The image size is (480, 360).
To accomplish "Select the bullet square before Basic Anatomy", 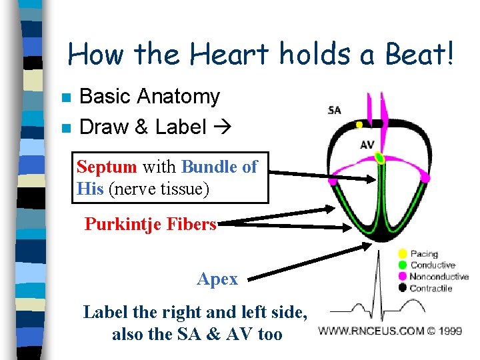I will [x=65, y=97].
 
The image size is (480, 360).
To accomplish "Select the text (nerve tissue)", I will [x=159, y=189].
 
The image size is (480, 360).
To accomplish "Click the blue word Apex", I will [x=217, y=279].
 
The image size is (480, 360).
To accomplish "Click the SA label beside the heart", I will [x=334, y=110].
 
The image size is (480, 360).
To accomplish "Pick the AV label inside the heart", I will [x=367, y=145].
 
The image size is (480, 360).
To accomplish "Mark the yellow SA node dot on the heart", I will [x=359, y=125].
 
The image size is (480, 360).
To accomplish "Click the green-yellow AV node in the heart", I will [x=379, y=158].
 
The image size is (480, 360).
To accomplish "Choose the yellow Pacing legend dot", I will [x=402, y=253].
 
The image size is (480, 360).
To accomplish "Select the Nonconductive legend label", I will [x=439, y=277].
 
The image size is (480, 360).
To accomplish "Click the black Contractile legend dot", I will [x=402, y=288].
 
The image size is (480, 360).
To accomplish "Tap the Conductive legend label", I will [x=433, y=265].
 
